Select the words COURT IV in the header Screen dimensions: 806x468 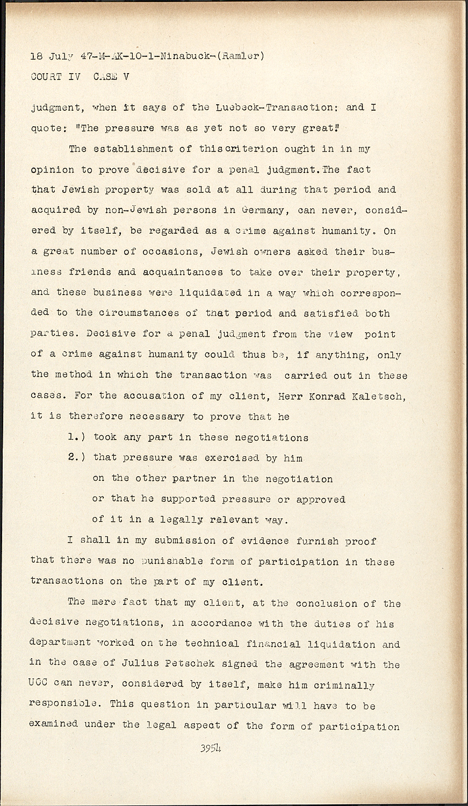[55, 76]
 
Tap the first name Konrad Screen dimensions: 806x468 [325, 396]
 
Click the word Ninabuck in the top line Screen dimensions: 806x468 [184, 56]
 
